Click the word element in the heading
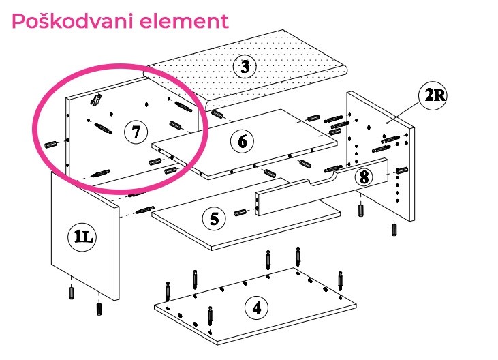coord(185,21)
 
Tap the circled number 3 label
coord(245,67)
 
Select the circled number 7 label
coord(136,132)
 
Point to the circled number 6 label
coord(243,141)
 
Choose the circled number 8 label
coord(364,177)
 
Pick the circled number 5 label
coord(214,219)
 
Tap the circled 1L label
coord(82,237)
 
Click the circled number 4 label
coord(257,307)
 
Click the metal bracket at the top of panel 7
coord(96,100)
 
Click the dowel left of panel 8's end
coord(240,212)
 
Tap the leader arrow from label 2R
coord(404,112)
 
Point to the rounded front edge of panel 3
coord(277,89)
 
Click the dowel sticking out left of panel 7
coord(51,145)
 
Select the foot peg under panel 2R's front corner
coord(394,229)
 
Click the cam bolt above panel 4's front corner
coord(210,316)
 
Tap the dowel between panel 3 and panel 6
coord(217,114)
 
